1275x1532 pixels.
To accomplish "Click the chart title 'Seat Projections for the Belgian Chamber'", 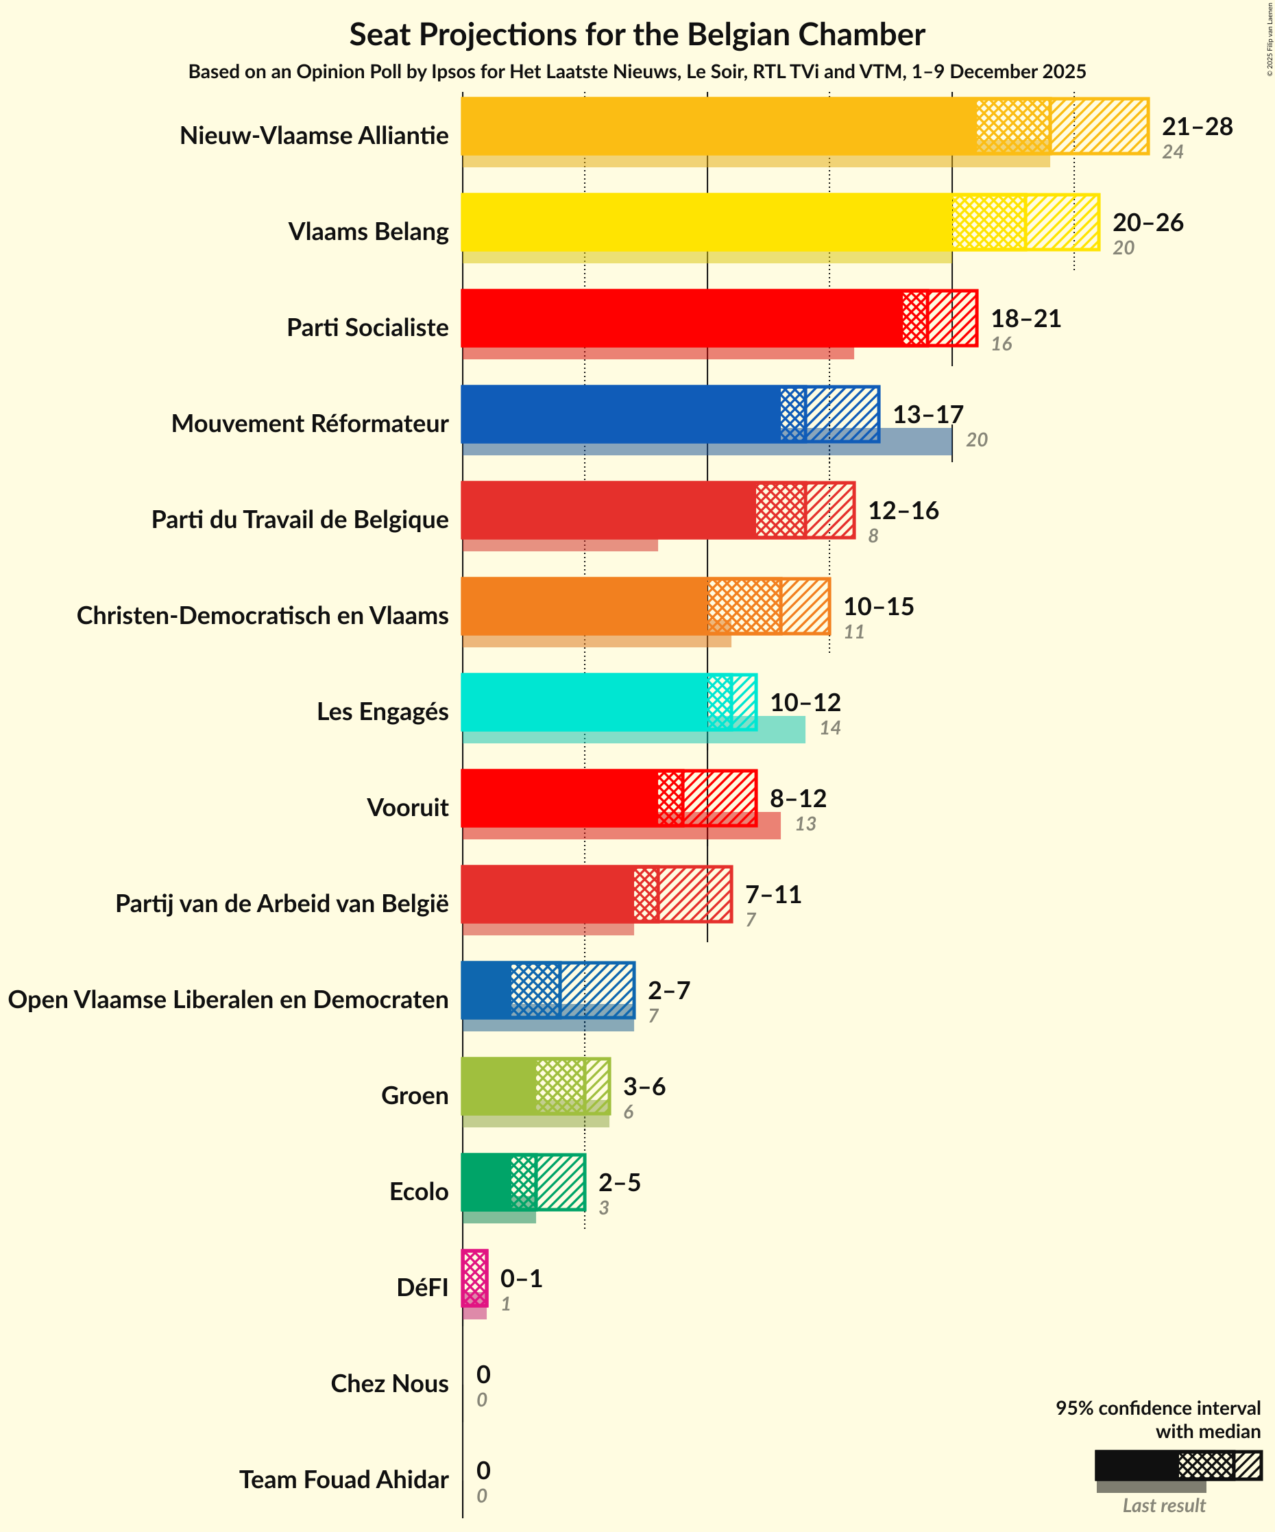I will pyautogui.click(x=637, y=35).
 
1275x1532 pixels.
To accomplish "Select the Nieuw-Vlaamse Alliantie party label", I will pyautogui.click(x=314, y=136).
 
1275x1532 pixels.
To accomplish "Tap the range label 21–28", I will pyautogui.click(x=1196, y=127).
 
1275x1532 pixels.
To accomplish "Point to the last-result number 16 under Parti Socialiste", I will pyautogui.click(x=1001, y=344).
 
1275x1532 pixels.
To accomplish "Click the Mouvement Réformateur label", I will pyautogui.click(x=309, y=424).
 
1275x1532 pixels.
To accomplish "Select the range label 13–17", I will pyautogui.click(x=928, y=414).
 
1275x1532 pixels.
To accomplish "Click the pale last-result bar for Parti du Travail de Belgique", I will pyautogui.click(x=559, y=546).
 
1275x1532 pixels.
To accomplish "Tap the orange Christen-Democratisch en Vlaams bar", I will pyautogui.click(x=583, y=606).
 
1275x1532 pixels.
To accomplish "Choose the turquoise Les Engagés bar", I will pyautogui.click(x=583, y=702).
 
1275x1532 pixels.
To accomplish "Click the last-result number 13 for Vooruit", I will pyautogui.click(x=805, y=824).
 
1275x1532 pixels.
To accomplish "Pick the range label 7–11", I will pyautogui.click(x=773, y=894).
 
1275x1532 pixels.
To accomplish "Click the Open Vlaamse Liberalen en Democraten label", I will pyautogui.click(x=228, y=999).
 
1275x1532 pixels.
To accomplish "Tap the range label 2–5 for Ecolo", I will pyautogui.click(x=619, y=1182).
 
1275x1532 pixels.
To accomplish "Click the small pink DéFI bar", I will pyautogui.click(x=474, y=1278).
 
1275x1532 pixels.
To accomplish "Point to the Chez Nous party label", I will pyautogui.click(x=389, y=1384).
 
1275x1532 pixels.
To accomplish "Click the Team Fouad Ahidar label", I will pyautogui.click(x=343, y=1480).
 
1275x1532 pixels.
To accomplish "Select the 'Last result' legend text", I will pyautogui.click(x=1163, y=1506).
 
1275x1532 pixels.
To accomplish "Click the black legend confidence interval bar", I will pyautogui.click(x=1136, y=1465).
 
